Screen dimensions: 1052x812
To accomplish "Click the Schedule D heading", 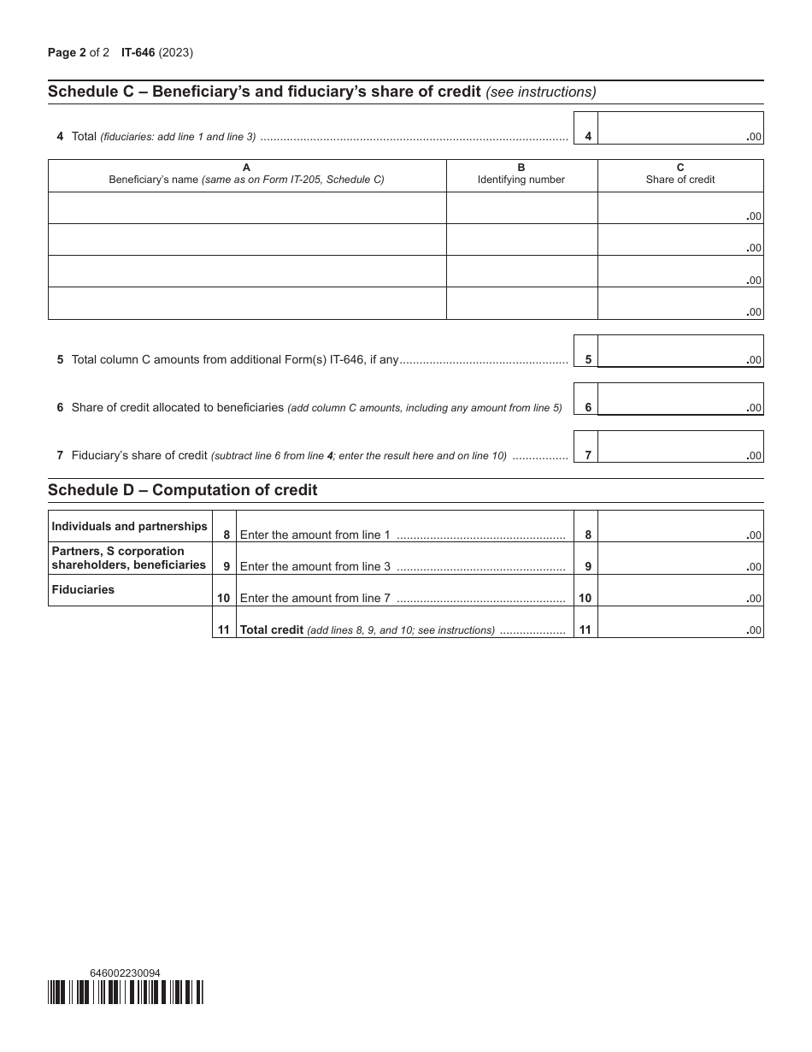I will [x=182, y=490].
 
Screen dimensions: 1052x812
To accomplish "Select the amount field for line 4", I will [x=680, y=127].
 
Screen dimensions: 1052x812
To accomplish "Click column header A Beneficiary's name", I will [x=246, y=174].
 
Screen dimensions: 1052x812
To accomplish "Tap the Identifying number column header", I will [x=521, y=174].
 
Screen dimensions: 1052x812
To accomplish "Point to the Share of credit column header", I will [x=680, y=174].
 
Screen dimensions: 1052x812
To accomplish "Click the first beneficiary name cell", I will [x=247, y=208].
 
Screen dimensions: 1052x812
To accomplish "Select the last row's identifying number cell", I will [x=521, y=304].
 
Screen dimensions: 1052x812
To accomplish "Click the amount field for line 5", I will [x=680, y=351].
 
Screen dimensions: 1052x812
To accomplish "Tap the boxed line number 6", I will [x=587, y=408].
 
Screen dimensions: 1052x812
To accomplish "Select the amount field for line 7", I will [x=680, y=446].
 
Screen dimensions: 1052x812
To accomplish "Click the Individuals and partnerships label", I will [x=129, y=527].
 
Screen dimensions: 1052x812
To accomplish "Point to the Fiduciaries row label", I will [x=83, y=590].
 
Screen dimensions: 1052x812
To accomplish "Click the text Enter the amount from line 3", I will [x=315, y=566].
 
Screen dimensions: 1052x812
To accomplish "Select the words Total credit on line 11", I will [x=272, y=630].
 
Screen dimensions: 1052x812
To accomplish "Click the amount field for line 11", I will [x=680, y=622].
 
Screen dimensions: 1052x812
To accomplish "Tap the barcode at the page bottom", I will [x=126, y=992].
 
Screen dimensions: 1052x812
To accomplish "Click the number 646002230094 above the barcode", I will [x=125, y=972].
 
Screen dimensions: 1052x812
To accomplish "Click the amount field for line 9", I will [x=680, y=559].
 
